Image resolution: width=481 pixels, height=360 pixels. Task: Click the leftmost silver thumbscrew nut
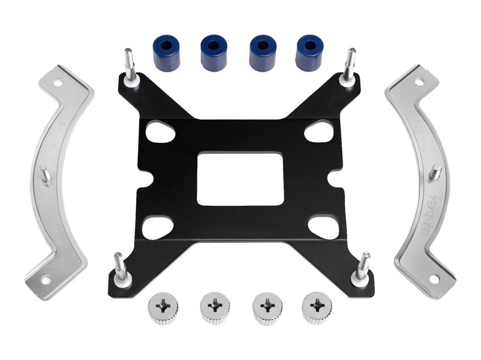pos(161,308)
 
